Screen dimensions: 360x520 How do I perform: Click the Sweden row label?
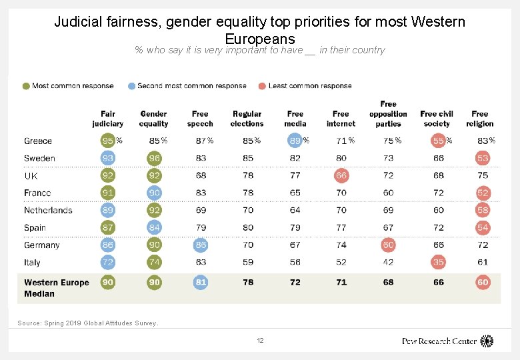click(x=39, y=159)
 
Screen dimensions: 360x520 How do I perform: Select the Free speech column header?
click(x=200, y=119)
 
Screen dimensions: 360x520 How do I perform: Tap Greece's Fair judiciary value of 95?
click(x=107, y=141)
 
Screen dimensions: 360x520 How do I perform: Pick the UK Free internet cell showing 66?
click(x=341, y=175)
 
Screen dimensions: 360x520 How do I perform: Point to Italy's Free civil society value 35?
click(x=438, y=263)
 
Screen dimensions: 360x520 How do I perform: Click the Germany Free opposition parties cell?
click(x=388, y=245)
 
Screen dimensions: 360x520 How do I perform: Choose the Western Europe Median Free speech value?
click(x=201, y=283)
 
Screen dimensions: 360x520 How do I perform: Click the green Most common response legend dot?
click(x=26, y=86)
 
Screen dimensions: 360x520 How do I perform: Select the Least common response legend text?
click(x=310, y=86)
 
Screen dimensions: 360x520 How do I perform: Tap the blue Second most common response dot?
click(x=131, y=86)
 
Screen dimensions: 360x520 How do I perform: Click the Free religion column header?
click(x=480, y=119)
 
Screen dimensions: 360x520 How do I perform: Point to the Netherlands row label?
click(x=48, y=211)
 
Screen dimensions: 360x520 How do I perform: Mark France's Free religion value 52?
click(x=483, y=193)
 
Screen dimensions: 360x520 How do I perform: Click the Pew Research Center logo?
click(x=447, y=341)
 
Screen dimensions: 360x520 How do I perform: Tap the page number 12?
click(x=260, y=341)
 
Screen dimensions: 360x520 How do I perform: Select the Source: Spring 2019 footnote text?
click(x=88, y=323)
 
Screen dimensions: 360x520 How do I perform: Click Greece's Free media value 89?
click(x=295, y=141)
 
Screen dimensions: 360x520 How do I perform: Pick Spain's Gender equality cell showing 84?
click(x=155, y=228)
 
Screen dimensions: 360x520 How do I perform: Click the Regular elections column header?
click(x=247, y=119)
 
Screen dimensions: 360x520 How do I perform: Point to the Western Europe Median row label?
click(x=56, y=288)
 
